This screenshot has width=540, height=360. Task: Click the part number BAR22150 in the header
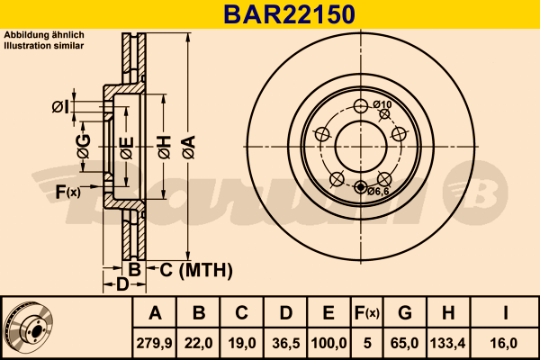pyautogui.click(x=289, y=14)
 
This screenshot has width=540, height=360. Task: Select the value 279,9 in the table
pyautogui.click(x=154, y=343)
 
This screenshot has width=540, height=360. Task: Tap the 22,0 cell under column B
pyautogui.click(x=198, y=343)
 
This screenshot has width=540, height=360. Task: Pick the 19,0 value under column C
pyautogui.click(x=242, y=343)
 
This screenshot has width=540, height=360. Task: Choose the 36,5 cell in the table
pyautogui.click(x=286, y=343)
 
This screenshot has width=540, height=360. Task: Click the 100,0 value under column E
pyautogui.click(x=328, y=343)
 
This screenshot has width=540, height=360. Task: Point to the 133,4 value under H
pyautogui.click(x=447, y=343)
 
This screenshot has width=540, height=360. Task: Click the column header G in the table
pyautogui.click(x=405, y=313)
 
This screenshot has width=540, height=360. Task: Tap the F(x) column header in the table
pyautogui.click(x=367, y=313)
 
